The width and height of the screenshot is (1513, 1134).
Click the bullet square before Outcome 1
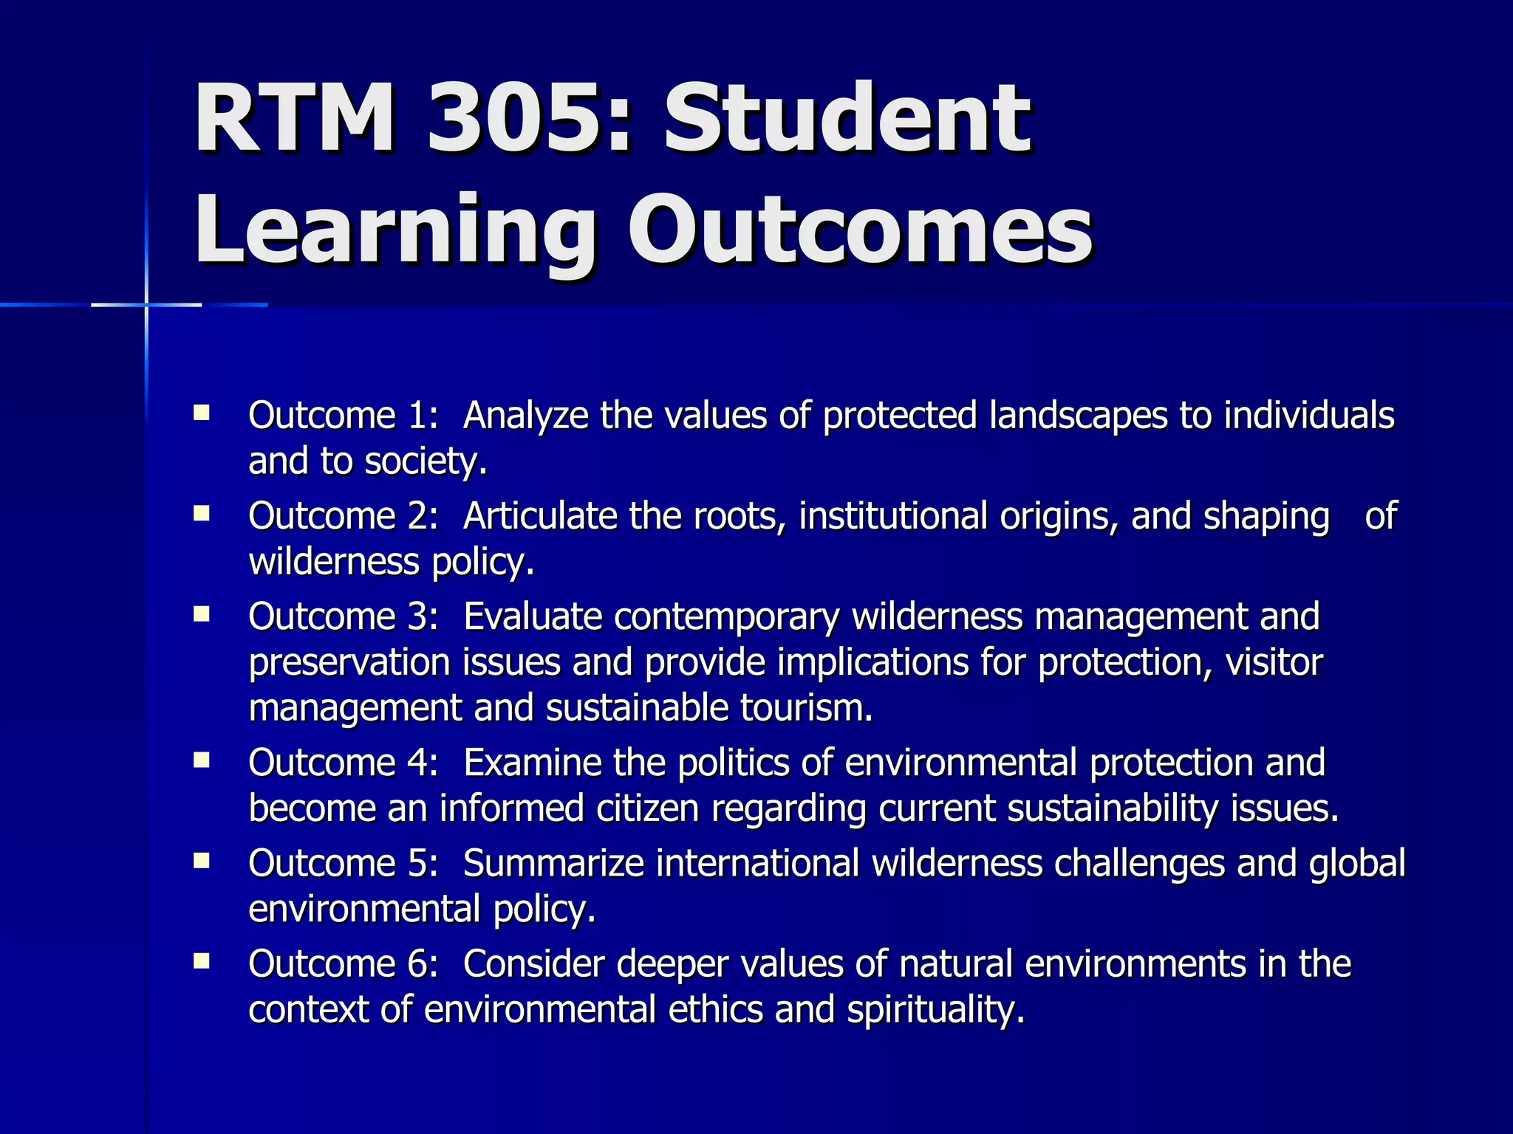pos(202,412)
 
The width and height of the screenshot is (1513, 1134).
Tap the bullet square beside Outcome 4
pos(202,760)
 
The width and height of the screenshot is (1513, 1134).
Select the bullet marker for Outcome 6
pos(202,961)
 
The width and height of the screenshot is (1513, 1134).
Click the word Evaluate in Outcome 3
pos(532,617)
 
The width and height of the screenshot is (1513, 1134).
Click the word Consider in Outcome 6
pos(533,964)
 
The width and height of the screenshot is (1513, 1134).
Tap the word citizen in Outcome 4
pos(647,809)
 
